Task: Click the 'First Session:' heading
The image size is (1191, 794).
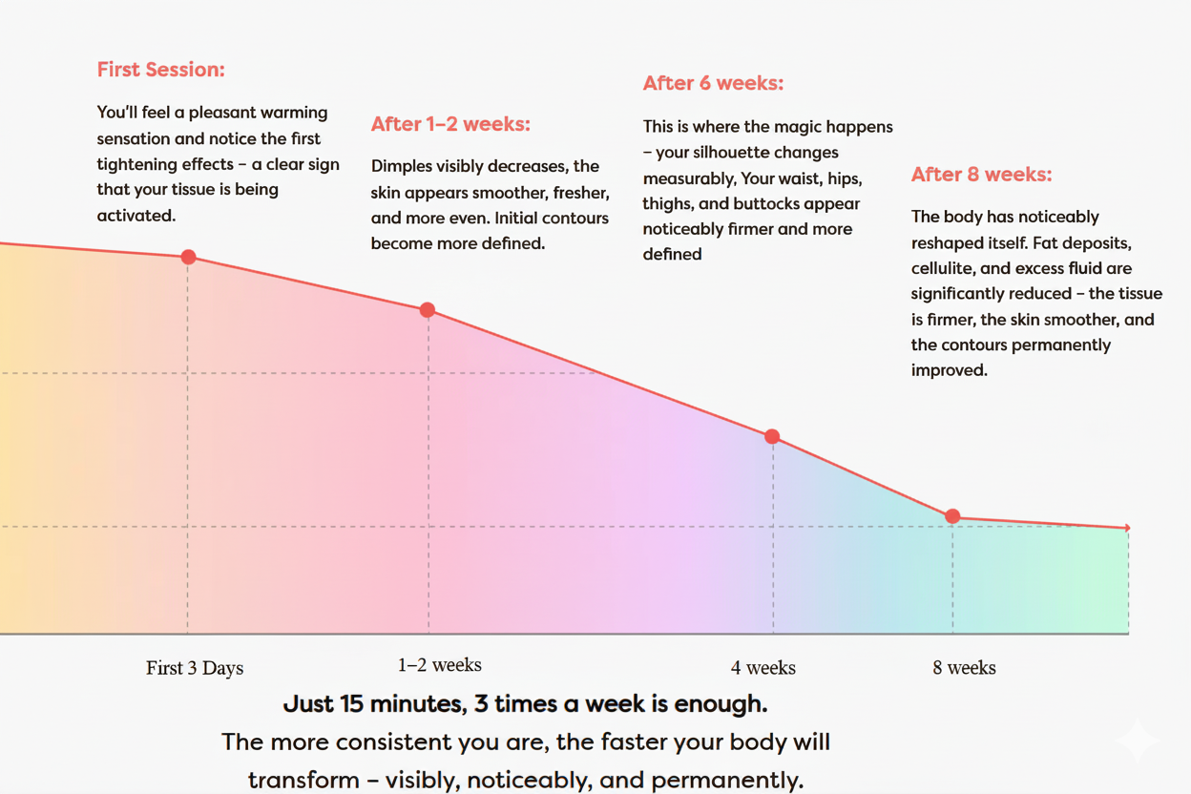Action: (160, 70)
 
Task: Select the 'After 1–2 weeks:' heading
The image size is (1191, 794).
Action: (450, 124)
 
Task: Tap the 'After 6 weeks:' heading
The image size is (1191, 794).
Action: (713, 83)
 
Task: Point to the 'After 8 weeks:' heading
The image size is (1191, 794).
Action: (981, 175)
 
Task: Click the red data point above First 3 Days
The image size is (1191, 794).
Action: (188, 257)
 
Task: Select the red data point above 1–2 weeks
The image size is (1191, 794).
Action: (428, 310)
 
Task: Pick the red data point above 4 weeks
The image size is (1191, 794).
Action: (772, 436)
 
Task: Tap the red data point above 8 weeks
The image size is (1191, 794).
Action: (952, 516)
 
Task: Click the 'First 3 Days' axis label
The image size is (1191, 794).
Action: (195, 668)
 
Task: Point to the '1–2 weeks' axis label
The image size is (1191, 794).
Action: (440, 665)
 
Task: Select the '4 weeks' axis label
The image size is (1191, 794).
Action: (763, 668)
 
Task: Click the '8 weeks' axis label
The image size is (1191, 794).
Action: (964, 668)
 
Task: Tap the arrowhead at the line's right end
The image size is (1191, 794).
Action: (1127, 528)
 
